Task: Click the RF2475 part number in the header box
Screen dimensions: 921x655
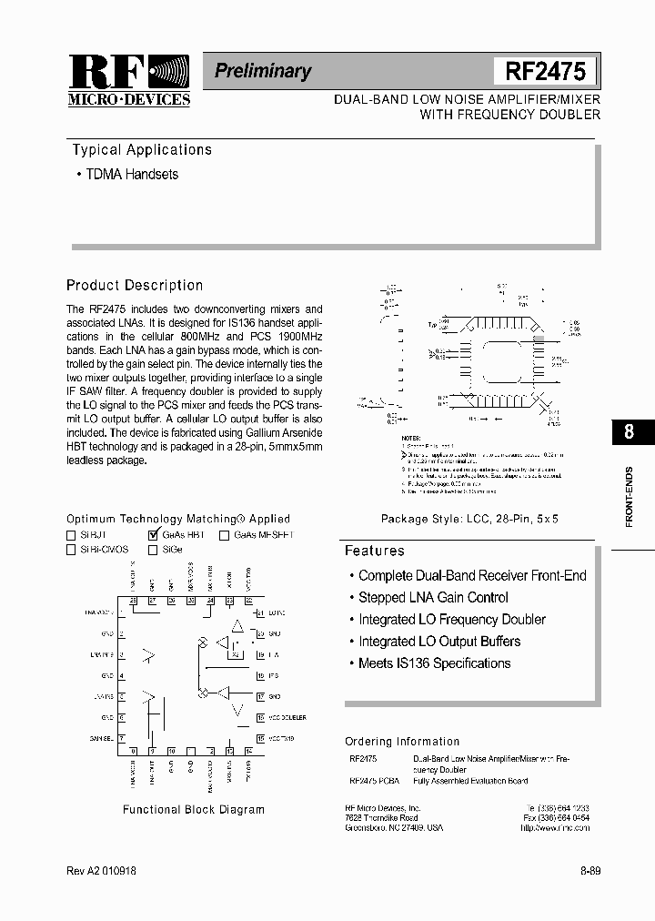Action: pos(545,71)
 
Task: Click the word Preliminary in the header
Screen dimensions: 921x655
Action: pos(263,71)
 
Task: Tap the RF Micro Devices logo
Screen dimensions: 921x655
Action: pos(128,80)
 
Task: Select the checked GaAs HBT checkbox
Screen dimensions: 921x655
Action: pos(152,535)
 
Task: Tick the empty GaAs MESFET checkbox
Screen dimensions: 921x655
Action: pos(224,535)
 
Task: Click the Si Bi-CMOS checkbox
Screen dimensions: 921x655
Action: pos(71,550)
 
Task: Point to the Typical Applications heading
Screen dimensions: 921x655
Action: pos(141,150)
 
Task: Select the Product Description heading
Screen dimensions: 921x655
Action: pos(135,285)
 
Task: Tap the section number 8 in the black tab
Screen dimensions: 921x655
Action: pos(629,432)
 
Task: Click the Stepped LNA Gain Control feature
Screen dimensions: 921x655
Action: pos(433,598)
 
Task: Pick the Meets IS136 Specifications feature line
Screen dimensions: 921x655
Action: pos(434,663)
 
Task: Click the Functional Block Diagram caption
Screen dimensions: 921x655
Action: pos(194,809)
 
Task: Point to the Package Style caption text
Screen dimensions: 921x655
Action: pos(469,518)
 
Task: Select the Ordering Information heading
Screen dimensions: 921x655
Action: pos(402,742)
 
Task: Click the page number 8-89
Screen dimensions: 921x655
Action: pos(589,871)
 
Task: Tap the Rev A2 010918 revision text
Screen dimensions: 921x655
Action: pos(102,871)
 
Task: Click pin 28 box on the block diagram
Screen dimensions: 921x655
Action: pos(133,601)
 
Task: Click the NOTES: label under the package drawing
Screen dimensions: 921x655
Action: pos(411,438)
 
